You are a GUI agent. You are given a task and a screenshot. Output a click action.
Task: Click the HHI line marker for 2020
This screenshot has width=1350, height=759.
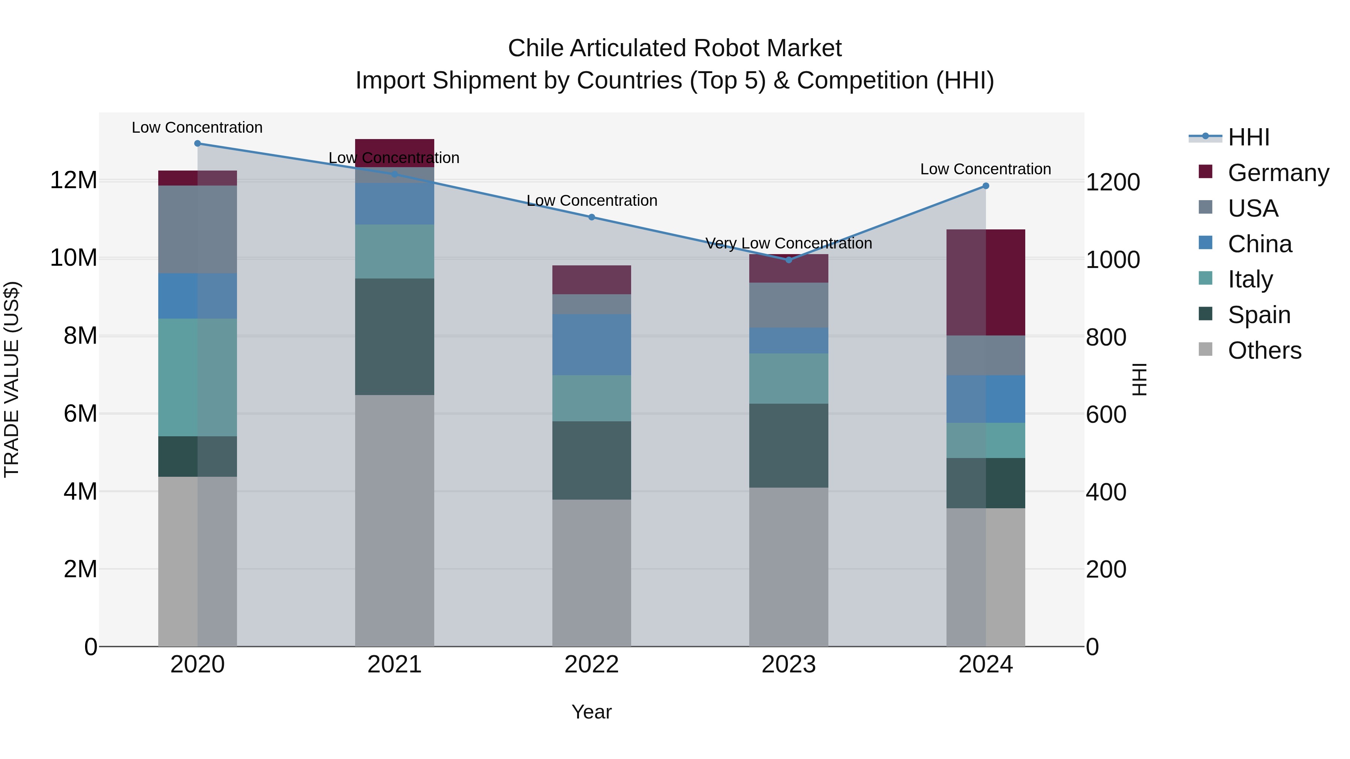(x=198, y=144)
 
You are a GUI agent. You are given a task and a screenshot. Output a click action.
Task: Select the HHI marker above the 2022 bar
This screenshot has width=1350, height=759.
(x=592, y=217)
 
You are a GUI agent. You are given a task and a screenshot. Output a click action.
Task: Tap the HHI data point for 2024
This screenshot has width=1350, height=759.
(x=986, y=186)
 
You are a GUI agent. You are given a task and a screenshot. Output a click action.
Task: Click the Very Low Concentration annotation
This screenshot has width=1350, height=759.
(x=789, y=244)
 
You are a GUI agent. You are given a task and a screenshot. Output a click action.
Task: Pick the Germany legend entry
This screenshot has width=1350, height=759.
(x=1278, y=173)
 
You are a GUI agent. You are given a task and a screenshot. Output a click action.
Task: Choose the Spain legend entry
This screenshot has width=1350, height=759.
(x=1259, y=315)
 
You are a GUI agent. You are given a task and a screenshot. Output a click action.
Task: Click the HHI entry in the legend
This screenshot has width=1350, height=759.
(x=1248, y=137)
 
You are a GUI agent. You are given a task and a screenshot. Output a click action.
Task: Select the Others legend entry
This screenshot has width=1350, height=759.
(x=1264, y=350)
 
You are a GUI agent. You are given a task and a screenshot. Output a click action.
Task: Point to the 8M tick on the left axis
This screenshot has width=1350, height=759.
(x=79, y=336)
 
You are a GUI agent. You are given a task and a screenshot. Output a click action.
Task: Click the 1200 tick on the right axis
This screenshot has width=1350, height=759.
(x=1112, y=182)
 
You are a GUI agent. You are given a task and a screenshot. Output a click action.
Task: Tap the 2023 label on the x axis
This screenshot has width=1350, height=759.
(x=789, y=665)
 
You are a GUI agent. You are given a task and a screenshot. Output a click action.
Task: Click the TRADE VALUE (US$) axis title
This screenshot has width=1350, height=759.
(x=12, y=379)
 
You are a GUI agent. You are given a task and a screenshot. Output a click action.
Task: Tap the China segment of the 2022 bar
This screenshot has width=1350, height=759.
(x=592, y=345)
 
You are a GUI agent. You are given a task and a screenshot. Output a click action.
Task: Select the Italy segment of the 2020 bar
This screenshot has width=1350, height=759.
(x=198, y=377)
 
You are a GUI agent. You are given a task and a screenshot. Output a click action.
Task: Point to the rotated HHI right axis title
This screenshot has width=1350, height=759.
(x=1139, y=379)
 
